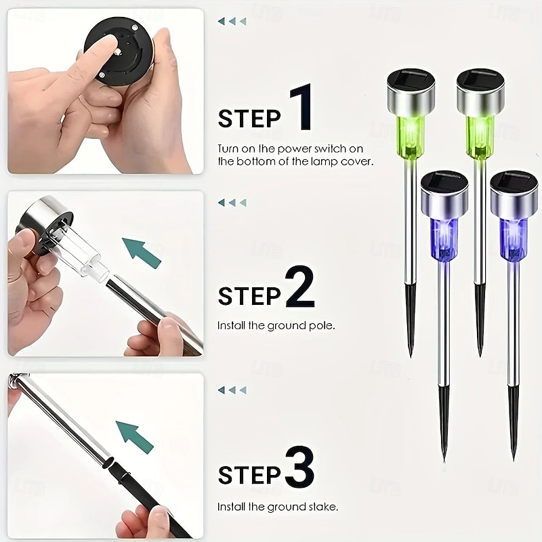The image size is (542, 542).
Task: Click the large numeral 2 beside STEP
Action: click(299, 286)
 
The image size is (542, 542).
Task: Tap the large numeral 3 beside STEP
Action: click(299, 467)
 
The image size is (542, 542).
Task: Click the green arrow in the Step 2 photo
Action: click(141, 253)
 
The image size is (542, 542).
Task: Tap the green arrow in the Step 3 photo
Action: click(134, 437)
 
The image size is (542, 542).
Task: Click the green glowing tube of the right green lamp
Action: click(480, 137)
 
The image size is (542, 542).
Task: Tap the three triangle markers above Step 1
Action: click(232, 22)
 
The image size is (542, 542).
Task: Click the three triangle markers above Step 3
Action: click(232, 390)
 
